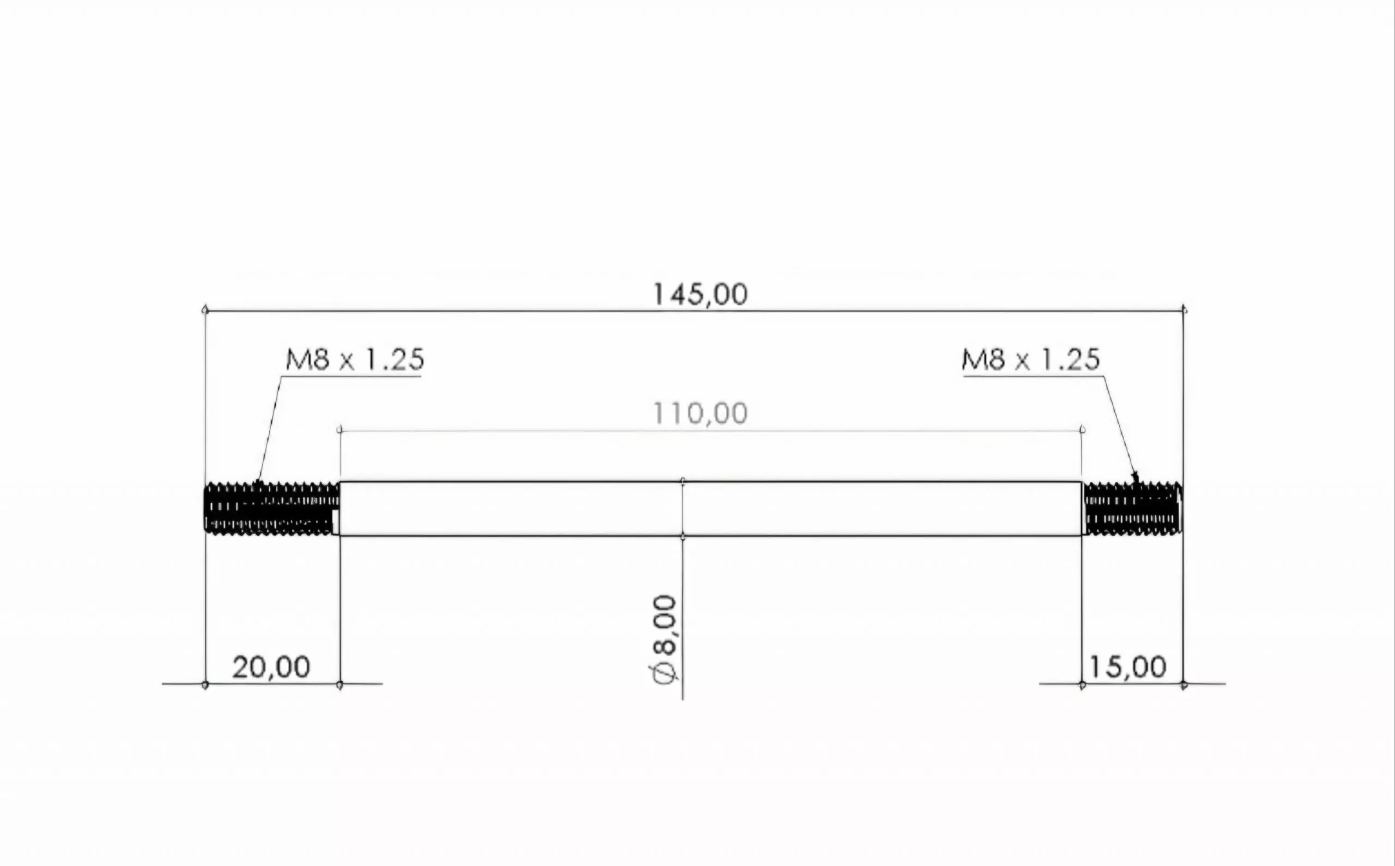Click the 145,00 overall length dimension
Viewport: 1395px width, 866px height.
tap(700, 295)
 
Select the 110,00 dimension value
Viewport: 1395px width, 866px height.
tap(700, 413)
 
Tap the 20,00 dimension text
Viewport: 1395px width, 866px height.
tap(271, 667)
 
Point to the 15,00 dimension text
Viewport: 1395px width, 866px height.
tap(1127, 667)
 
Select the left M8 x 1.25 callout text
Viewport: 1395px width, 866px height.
tap(355, 359)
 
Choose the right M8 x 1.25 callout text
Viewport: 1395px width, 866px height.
tap(1030, 359)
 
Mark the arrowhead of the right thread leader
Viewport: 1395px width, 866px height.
tap(1135, 477)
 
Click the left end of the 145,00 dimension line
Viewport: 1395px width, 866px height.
tap(205, 310)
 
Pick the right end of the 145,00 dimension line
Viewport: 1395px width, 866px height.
tap(1184, 310)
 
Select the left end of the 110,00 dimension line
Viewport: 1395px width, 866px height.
tap(339, 430)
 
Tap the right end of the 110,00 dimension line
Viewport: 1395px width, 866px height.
tap(1082, 430)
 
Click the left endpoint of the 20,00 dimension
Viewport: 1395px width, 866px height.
tap(205, 685)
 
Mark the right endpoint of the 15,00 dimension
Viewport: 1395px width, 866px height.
tap(1184, 685)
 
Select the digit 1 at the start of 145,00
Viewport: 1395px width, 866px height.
tap(659, 295)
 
